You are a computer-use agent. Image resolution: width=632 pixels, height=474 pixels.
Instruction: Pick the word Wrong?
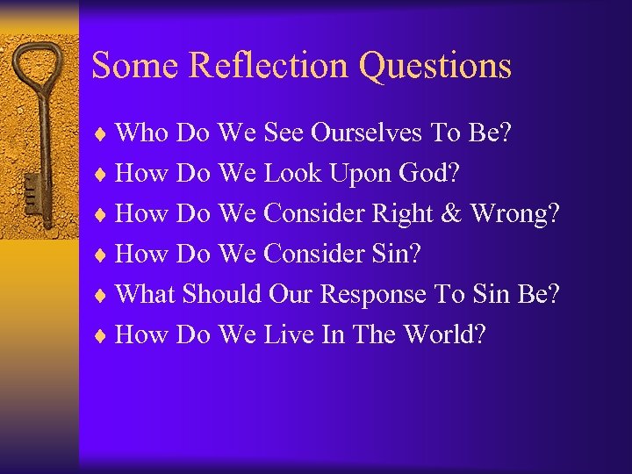pyautogui.click(x=514, y=214)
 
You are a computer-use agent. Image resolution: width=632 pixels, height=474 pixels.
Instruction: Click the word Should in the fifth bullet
pyautogui.click(x=222, y=294)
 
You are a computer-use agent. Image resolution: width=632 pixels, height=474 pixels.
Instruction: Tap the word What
pyautogui.click(x=146, y=294)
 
